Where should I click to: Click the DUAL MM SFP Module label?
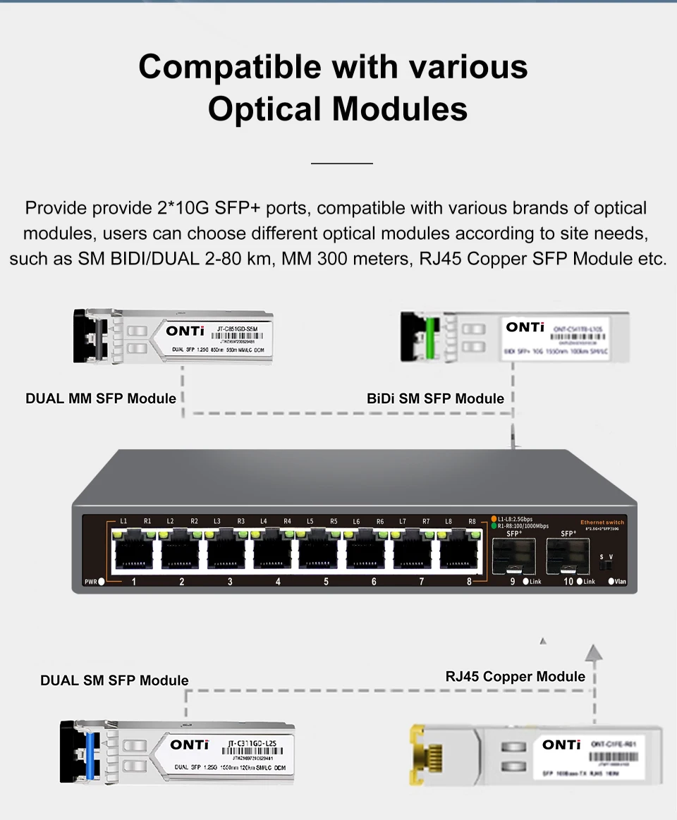click(101, 398)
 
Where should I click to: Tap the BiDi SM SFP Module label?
click(435, 398)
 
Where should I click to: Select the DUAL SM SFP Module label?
click(114, 680)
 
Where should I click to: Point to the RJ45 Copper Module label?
click(515, 677)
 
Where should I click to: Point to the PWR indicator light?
click(102, 582)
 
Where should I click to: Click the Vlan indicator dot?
click(611, 582)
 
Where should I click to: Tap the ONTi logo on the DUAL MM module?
click(185, 331)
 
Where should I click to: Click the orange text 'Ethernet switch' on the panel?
click(602, 522)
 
